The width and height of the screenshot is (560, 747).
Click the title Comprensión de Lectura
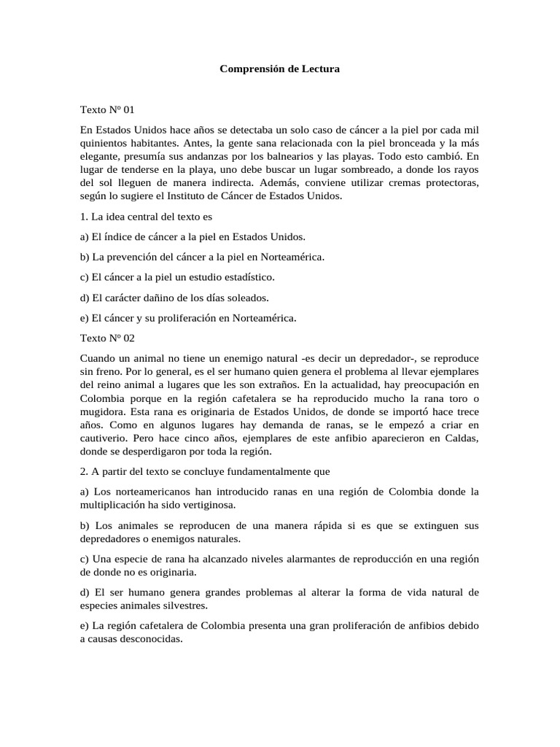(280, 69)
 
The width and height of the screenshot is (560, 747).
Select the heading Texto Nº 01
(107, 109)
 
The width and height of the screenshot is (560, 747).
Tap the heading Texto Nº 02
(107, 338)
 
